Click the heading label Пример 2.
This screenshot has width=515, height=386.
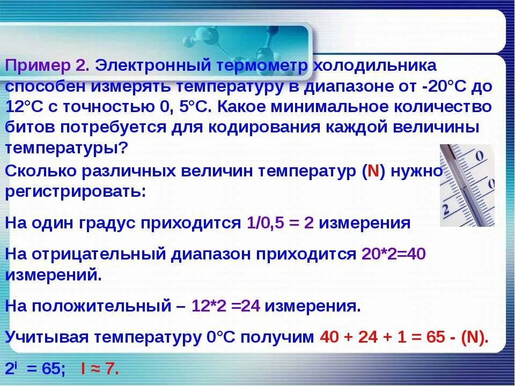pos(47,66)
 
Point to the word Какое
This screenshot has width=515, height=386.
pos(247,106)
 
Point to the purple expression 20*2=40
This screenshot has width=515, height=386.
pos(393,254)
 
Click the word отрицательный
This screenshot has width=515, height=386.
pos(102,254)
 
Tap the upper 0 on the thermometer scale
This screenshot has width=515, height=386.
pos(480,157)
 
